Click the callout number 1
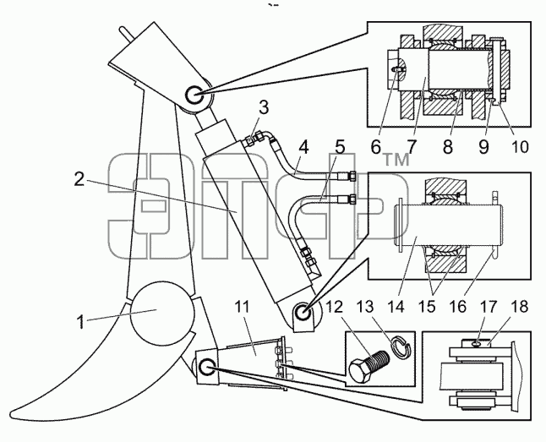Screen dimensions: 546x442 81,322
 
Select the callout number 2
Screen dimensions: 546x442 79,179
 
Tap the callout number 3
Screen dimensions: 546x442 264,107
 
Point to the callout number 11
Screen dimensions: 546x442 242,307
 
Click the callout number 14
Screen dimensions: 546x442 396,307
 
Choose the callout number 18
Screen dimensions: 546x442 520,307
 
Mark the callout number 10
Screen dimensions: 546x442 520,147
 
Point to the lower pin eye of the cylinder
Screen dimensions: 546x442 303,311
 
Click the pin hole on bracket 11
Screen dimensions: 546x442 206,368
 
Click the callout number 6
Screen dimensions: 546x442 376,147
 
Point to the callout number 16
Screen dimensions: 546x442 458,307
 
